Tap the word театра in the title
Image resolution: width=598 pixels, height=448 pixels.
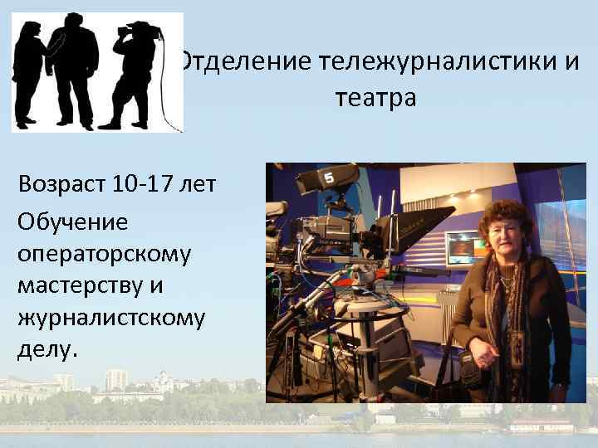tap(375, 98)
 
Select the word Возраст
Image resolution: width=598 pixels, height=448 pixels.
tap(61, 183)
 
